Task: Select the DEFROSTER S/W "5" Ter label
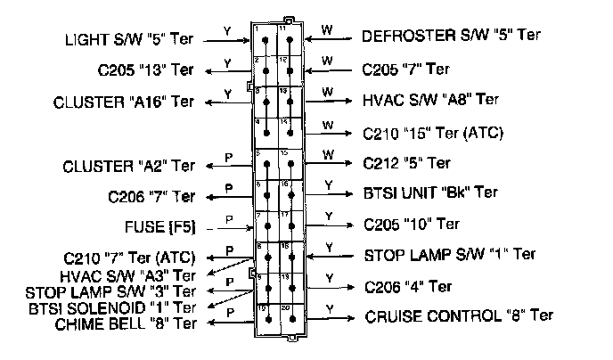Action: tap(451, 37)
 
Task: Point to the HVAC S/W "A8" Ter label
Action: tap(431, 100)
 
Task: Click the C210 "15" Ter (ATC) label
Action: tap(433, 134)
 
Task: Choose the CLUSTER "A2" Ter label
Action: tap(129, 166)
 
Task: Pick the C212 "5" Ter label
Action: tap(406, 164)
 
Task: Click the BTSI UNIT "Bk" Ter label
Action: tap(430, 192)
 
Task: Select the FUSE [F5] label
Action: tap(163, 225)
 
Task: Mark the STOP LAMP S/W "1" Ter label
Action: tap(450, 255)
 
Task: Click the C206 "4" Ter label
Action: tap(407, 287)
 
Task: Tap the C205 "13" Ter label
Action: tap(146, 70)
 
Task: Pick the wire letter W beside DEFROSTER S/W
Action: tap(326, 29)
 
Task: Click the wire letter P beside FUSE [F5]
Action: tap(228, 219)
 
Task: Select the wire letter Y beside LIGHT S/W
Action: tap(227, 31)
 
